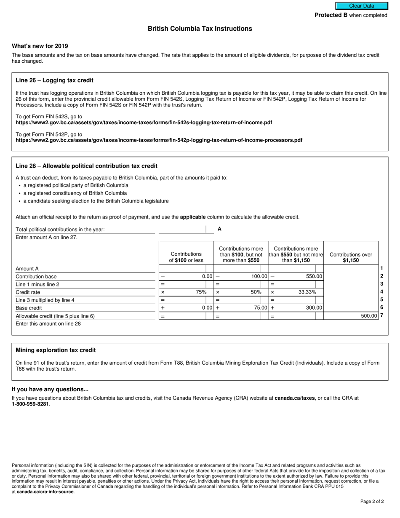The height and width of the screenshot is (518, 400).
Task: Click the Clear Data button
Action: coord(361,6)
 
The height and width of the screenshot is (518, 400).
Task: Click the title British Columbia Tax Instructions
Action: coord(200,29)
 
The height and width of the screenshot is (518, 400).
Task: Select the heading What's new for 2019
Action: coord(40,46)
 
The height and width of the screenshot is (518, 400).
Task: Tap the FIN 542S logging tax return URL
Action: coord(144,123)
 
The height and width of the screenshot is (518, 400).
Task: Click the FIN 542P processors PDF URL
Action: coord(159,140)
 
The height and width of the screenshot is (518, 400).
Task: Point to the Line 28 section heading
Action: coord(86,166)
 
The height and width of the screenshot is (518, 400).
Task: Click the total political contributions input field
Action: coord(182,229)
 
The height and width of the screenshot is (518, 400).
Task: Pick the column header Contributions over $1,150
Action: coord(351,257)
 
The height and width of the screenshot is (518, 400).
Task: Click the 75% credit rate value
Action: coord(201,292)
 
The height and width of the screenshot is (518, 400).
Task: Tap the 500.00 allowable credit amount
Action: coord(369,315)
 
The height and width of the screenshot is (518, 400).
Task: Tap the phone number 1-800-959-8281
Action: coord(30,404)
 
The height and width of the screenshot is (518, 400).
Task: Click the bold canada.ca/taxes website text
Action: coord(294,398)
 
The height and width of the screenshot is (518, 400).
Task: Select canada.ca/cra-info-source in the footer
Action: coord(45,491)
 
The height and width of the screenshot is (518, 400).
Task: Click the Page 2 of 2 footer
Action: coord(372,501)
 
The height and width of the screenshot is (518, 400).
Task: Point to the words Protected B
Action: coord(331,15)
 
